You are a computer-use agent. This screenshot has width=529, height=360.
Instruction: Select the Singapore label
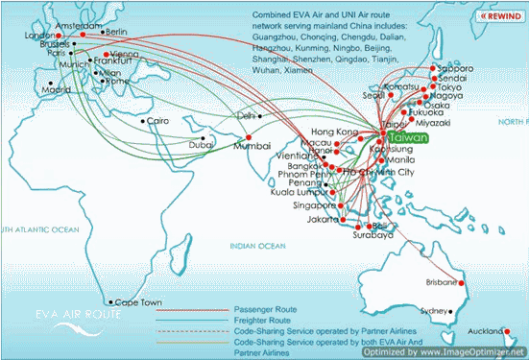pos(314,204)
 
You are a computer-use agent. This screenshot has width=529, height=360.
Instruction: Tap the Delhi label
pos(248,115)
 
